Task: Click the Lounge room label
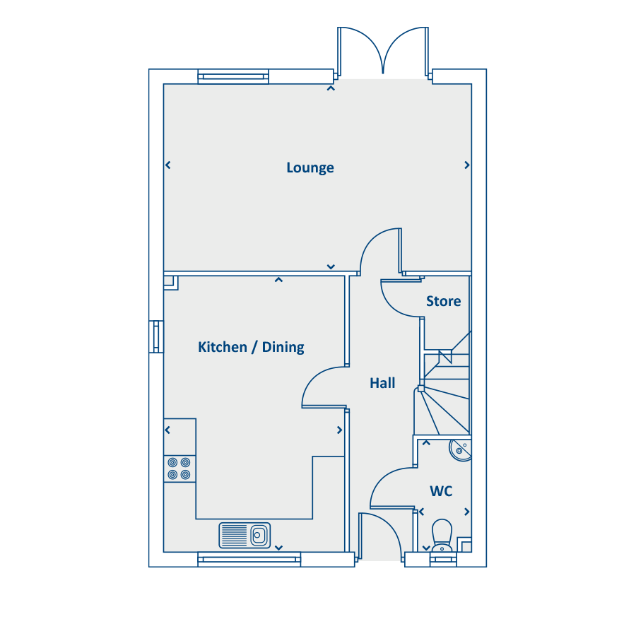(x=310, y=167)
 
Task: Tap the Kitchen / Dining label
(x=251, y=347)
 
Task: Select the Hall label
(x=382, y=383)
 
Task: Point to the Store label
(x=443, y=301)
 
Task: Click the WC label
(x=441, y=491)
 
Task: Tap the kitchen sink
(x=245, y=536)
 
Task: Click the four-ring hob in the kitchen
(x=179, y=469)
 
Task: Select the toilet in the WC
(x=442, y=536)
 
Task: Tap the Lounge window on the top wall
(x=233, y=76)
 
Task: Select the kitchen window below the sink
(x=249, y=560)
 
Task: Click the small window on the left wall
(x=156, y=336)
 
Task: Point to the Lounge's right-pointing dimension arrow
(x=467, y=165)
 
